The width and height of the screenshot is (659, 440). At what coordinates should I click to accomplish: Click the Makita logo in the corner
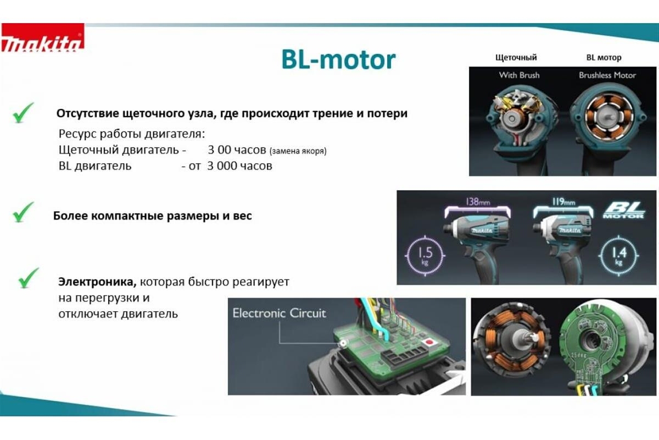(x=43, y=37)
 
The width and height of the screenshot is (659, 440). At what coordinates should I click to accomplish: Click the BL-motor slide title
(x=338, y=60)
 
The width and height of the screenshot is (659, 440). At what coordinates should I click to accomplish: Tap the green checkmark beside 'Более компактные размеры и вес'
(x=24, y=212)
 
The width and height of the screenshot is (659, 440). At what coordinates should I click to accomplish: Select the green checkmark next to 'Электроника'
(x=29, y=278)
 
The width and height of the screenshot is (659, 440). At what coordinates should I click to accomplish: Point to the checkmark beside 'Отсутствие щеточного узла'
(x=24, y=113)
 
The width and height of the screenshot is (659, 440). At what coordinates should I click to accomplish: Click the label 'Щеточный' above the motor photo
(x=516, y=57)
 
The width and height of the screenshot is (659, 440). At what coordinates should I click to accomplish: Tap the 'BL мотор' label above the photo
(x=604, y=57)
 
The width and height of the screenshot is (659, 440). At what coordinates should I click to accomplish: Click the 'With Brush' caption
(x=520, y=75)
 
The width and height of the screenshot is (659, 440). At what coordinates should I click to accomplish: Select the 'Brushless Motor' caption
(x=607, y=75)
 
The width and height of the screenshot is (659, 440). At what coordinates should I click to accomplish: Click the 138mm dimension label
(x=478, y=202)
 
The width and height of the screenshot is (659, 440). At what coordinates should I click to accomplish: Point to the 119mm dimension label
(x=563, y=202)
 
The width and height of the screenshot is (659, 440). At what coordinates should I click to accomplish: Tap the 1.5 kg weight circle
(x=425, y=256)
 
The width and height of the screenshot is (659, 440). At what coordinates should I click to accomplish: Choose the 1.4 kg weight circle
(x=619, y=256)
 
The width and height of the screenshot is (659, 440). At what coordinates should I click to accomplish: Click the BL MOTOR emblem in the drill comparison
(x=624, y=210)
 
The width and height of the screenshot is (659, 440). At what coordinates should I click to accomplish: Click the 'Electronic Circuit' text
(x=279, y=313)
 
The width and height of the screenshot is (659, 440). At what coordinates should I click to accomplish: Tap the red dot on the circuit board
(x=429, y=342)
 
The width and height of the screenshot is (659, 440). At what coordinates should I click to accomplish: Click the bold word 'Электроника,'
(x=97, y=282)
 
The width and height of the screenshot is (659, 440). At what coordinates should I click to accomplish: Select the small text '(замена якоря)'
(x=298, y=151)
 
